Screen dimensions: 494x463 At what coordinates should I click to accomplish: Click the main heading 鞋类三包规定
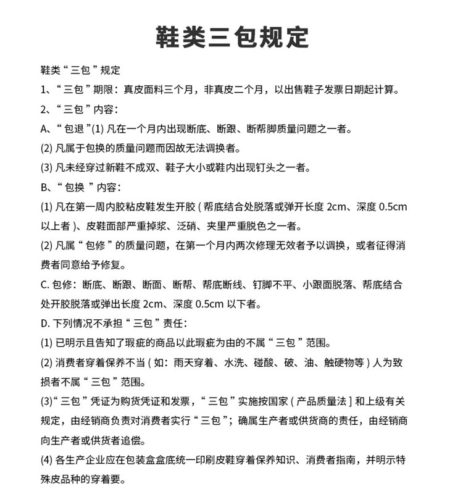231,36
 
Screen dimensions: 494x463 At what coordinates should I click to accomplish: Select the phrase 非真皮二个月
235,90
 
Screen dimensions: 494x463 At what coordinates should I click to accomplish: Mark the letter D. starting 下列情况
45,323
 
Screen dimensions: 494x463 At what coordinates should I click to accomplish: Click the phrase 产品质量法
323,401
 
